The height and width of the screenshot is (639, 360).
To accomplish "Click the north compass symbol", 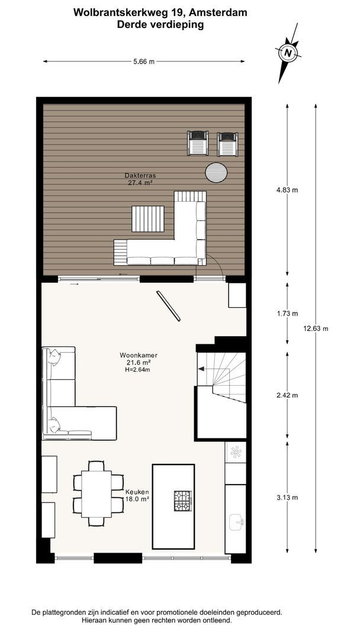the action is coord(288,53).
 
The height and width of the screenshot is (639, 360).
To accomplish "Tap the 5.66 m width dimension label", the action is coord(144,62).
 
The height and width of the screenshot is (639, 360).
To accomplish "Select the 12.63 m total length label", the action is coord(316,328).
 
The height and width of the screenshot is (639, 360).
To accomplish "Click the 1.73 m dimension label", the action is coord(287,314).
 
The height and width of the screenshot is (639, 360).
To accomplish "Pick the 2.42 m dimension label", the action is coord(287,395).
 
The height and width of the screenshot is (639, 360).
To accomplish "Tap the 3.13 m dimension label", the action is coord(287,497).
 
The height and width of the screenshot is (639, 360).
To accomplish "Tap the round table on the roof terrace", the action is coord(216,173).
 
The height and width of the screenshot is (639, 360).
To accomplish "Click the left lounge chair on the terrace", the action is coord(198,143).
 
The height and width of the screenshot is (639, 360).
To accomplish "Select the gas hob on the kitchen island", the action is coord(182,501).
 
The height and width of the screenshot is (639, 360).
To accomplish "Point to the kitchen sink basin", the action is coord(236,522).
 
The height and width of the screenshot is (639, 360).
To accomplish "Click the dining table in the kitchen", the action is coord(97,494).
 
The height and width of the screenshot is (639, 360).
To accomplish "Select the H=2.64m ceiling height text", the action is coord(137,370).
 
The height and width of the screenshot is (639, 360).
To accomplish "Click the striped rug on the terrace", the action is coord(147,220).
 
